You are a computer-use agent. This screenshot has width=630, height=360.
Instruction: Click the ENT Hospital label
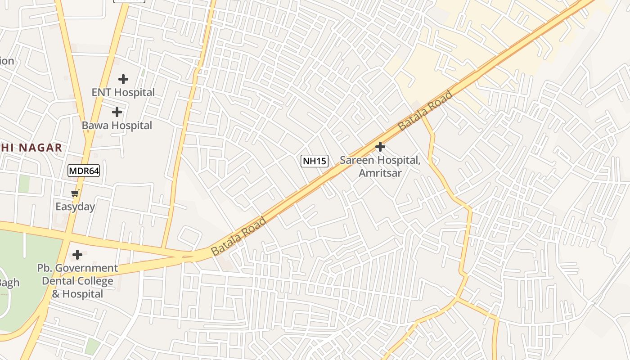coord(123,92)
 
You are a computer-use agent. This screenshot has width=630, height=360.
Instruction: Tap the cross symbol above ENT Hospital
coord(123,79)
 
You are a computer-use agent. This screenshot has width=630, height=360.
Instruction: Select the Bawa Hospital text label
coord(117,125)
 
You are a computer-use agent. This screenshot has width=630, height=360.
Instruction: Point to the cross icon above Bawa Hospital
coord(117,112)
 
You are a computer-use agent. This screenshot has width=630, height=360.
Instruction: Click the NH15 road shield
coord(315,161)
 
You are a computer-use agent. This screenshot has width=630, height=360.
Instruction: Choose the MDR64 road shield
coord(84,171)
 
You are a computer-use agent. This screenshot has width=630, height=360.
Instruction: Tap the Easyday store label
coord(75,207)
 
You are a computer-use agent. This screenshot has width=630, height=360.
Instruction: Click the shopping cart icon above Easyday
coord(75,193)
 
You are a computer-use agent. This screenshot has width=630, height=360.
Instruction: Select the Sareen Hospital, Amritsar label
coord(380,166)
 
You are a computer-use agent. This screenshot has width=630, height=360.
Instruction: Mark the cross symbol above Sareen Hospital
coord(380,147)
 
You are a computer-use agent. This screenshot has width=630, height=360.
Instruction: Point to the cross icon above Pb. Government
coord(77,255)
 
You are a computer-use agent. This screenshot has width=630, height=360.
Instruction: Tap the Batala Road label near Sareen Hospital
coord(425,111)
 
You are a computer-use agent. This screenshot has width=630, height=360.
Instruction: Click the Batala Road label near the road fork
coord(238,236)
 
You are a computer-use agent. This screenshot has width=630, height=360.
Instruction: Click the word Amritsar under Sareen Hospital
coord(380,173)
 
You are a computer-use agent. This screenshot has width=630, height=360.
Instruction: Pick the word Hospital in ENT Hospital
coord(134,92)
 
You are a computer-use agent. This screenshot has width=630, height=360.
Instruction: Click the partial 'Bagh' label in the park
coord(9,283)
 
